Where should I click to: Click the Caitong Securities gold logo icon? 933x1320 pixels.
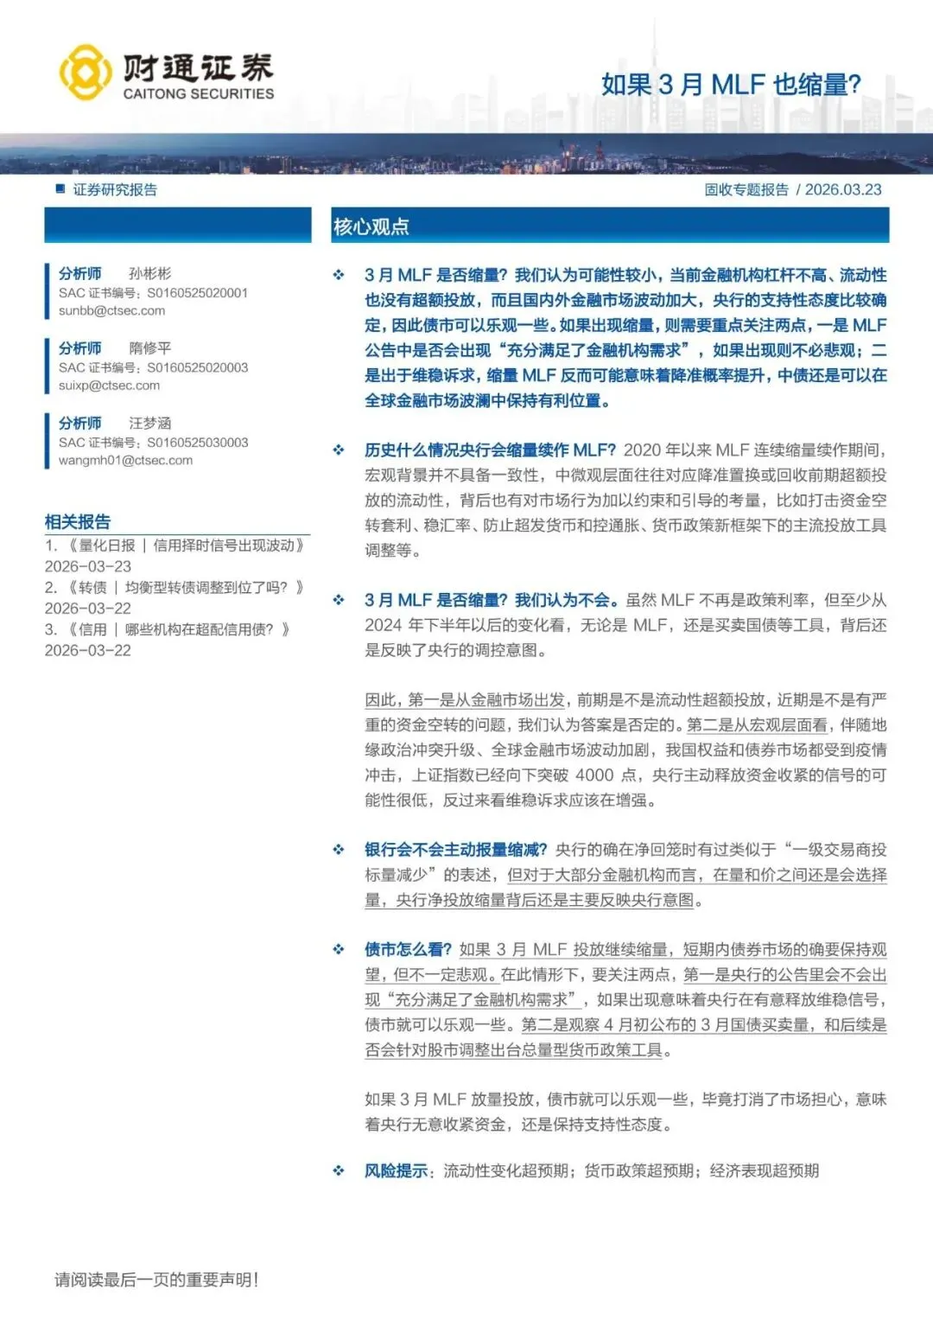pyautogui.click(x=85, y=73)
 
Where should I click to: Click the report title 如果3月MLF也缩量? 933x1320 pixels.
pyautogui.click(x=731, y=85)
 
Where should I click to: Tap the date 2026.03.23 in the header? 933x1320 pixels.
pyautogui.click(x=843, y=190)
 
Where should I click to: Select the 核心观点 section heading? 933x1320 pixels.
pyautogui.click(x=371, y=226)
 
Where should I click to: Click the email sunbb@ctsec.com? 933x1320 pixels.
pyautogui.click(x=111, y=311)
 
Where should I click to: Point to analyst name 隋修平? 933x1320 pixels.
pyautogui.click(x=150, y=348)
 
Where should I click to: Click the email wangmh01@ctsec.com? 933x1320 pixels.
pyautogui.click(x=125, y=461)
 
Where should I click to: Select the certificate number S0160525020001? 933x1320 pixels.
pyautogui.click(x=197, y=293)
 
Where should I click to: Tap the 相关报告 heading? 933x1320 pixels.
pyautogui.click(x=78, y=522)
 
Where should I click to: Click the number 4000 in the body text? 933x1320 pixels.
pyautogui.click(x=594, y=775)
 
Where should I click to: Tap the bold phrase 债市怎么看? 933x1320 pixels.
pyautogui.click(x=408, y=949)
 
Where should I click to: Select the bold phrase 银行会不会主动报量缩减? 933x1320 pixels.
pyautogui.click(x=455, y=850)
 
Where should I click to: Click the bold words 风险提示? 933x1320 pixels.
pyautogui.click(x=396, y=1171)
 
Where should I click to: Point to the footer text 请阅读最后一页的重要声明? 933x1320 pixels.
pyautogui.click(x=156, y=1280)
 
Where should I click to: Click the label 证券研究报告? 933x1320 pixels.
pyautogui.click(x=115, y=190)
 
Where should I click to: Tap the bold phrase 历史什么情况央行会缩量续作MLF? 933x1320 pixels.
pyautogui.click(x=490, y=450)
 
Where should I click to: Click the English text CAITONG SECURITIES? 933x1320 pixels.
pyautogui.click(x=199, y=93)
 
